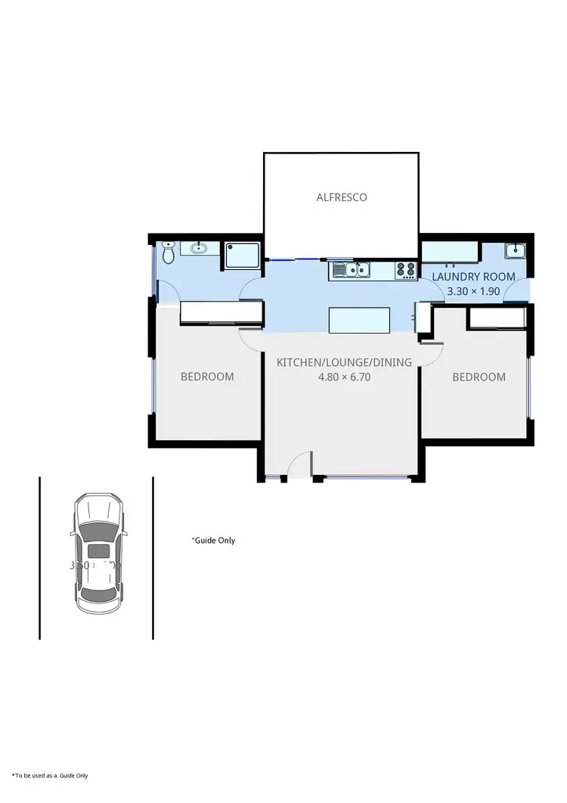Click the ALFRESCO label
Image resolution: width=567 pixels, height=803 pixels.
coord(341,197)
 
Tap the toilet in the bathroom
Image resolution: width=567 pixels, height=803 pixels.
coord(169,253)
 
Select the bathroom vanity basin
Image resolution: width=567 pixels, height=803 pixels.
coord(200,248)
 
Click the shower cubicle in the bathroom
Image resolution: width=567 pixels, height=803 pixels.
coord(241,256)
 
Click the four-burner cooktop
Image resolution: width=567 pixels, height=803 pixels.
coord(405,269)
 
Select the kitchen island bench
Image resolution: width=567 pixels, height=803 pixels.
coord(360,320)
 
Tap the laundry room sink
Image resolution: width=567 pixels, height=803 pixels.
coord(516,250)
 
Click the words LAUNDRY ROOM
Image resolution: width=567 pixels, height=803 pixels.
coord(473,277)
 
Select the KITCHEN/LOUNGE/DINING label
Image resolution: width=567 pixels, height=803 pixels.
coord(344,362)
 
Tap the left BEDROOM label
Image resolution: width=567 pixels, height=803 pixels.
coord(207,377)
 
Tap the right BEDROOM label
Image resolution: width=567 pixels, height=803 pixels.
coord(479,377)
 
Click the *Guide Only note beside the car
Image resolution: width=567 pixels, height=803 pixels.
coord(213,541)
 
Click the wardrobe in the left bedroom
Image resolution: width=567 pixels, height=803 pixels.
coord(221,312)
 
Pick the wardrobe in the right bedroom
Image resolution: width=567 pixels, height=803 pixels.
coord(497,318)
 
